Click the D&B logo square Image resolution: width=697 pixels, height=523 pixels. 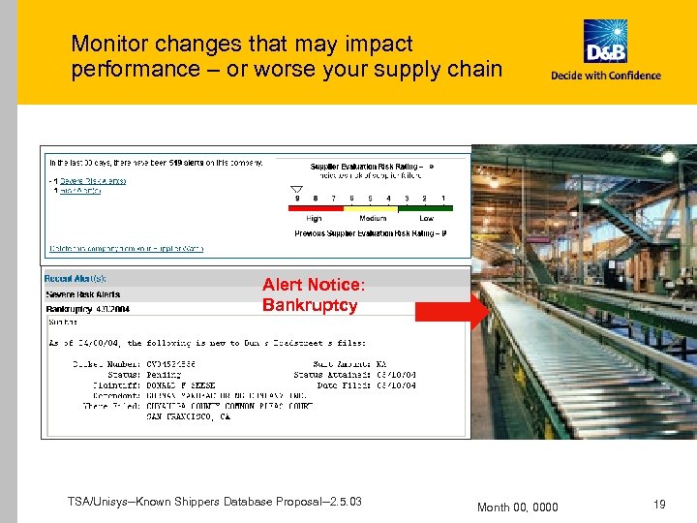click(x=605, y=43)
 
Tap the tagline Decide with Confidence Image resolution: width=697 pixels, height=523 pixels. click(x=606, y=76)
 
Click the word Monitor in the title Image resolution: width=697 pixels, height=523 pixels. click(x=109, y=44)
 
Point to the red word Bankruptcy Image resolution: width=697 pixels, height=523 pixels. click(x=309, y=306)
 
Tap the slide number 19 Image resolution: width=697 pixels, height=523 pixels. click(x=659, y=505)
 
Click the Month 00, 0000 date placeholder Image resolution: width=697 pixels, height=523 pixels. click(x=518, y=507)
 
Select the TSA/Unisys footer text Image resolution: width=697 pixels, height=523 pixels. click(x=215, y=501)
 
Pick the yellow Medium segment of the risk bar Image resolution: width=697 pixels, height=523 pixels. click(x=373, y=206)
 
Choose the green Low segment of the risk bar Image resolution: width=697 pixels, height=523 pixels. click(x=426, y=206)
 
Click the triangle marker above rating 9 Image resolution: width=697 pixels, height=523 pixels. click(x=297, y=189)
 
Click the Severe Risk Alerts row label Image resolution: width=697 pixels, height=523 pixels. click(x=83, y=293)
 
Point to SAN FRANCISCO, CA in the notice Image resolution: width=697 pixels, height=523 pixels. click(x=188, y=416)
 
